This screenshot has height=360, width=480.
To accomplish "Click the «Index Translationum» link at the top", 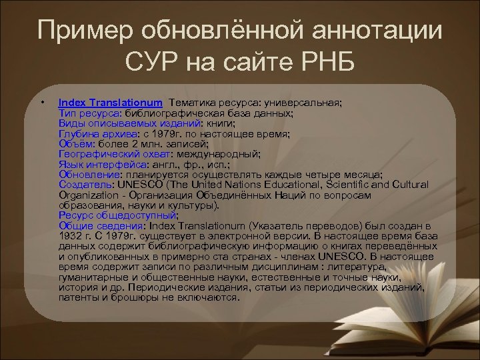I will point(110,103).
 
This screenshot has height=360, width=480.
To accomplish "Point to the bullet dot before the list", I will point(42,103).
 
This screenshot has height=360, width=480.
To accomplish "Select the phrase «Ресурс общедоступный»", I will point(117,216).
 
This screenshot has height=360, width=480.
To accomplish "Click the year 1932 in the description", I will point(69,237).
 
